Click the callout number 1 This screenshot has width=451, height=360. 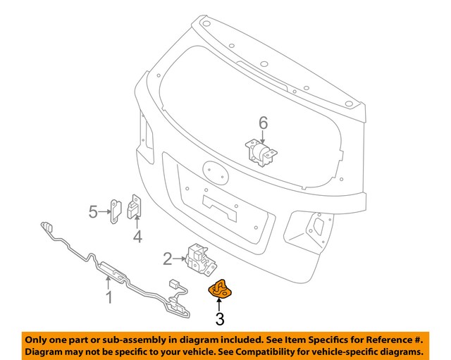(109, 298)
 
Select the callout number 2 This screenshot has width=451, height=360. (168, 259)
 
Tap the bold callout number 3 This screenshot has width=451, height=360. (220, 320)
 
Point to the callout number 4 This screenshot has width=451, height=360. (137, 237)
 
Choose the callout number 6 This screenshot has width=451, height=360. (263, 123)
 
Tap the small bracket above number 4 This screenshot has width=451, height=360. (135, 208)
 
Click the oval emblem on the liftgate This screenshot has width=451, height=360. (214, 171)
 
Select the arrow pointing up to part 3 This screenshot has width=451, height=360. (220, 305)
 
